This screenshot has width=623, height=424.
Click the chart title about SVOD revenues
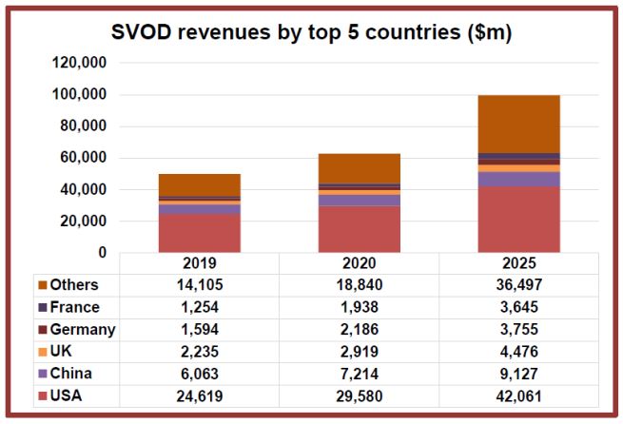pos(310,33)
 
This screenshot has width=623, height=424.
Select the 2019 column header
pos(200,262)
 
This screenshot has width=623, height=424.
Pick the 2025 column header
pos(518,262)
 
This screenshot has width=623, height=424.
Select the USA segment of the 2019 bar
pos(200,233)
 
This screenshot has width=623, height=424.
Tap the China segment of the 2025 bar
pos(518,179)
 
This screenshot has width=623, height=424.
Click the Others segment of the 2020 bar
pos(360,167)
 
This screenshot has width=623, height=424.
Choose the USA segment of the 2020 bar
pos(360,229)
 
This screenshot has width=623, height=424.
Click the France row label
pos(73,307)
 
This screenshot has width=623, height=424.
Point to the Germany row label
pos(82,329)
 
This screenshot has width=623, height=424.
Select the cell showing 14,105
pos(200,284)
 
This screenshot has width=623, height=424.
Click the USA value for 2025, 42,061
pos(518,395)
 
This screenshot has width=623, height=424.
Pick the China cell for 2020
pos(360,374)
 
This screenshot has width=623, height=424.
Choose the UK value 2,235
pos(200,352)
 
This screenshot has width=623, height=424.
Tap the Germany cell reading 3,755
pos(518,329)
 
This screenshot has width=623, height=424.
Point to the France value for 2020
pos(360,307)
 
